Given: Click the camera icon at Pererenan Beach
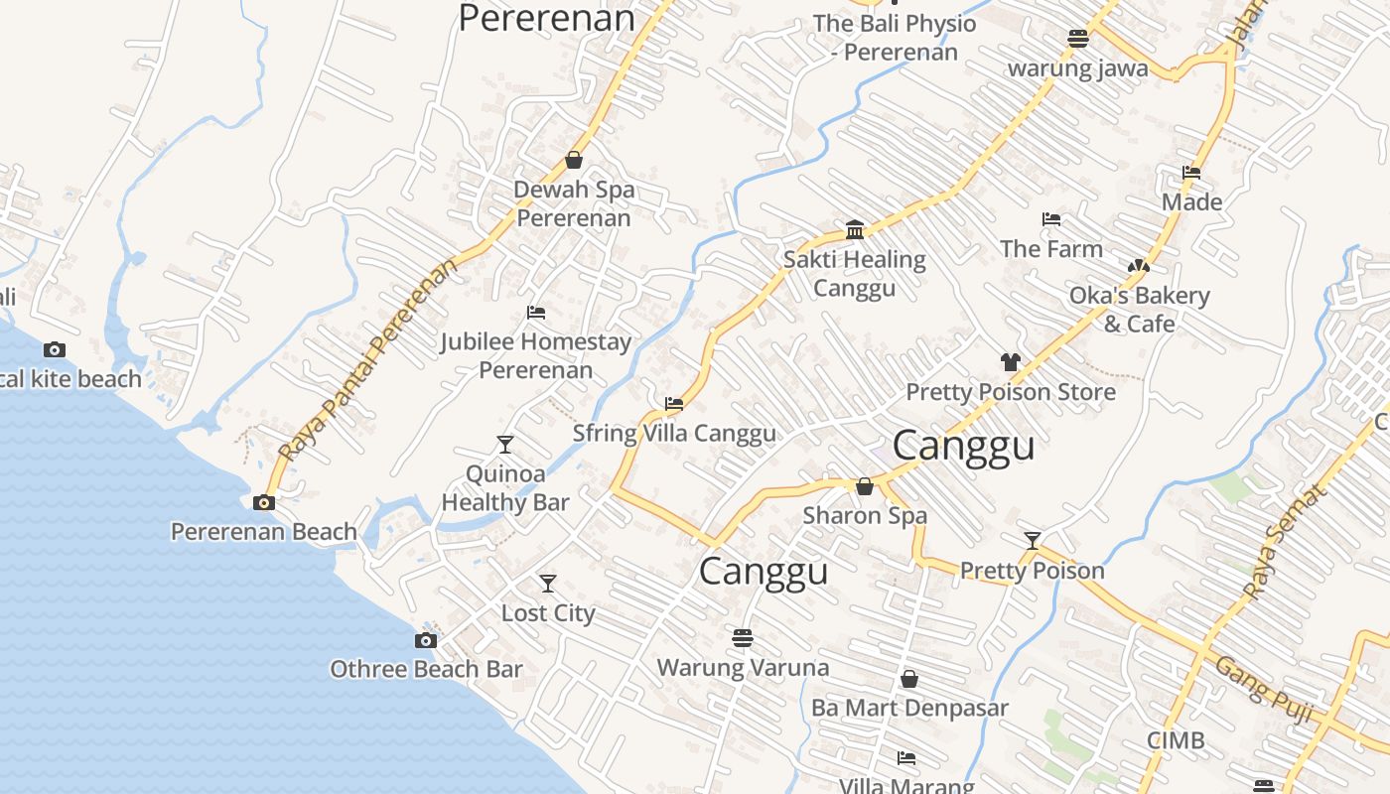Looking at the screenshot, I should point(263,503).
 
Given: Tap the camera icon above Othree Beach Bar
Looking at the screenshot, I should point(426,641).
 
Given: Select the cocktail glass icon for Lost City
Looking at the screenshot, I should point(548,584).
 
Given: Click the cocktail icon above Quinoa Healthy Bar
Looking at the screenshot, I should point(505,445).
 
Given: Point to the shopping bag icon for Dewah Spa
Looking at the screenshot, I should point(574,160).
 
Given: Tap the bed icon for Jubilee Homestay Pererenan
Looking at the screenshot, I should point(536,313).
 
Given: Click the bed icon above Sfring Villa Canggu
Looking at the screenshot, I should point(674,404).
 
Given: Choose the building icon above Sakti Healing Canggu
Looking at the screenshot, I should point(855,230).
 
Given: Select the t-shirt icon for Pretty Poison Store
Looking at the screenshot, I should point(1011,362).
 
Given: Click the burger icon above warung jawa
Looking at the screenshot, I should point(1078,39).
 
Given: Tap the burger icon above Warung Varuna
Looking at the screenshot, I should point(743,638).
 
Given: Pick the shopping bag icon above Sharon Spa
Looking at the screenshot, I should point(865,486).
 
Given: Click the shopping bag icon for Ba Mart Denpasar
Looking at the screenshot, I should point(909,679).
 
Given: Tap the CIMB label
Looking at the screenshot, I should point(1176,740).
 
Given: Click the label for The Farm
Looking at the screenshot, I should point(1051,248).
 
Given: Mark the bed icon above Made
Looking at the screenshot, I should point(1191,173).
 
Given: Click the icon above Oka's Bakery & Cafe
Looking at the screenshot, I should point(1138,266).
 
